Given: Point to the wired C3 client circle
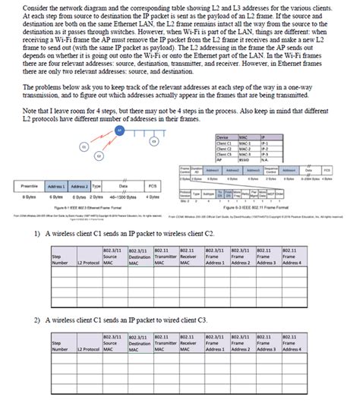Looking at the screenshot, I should pos(154,141).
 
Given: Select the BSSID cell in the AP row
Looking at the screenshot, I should pos(222,159).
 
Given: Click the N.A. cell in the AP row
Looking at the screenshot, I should pos(243,159).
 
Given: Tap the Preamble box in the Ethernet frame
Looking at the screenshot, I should pos(30,186).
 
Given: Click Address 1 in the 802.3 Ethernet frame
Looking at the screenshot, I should pos(56,186).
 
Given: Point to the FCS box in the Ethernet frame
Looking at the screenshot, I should pos(152,186).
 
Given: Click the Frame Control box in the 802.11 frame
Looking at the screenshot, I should pos(185,172).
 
